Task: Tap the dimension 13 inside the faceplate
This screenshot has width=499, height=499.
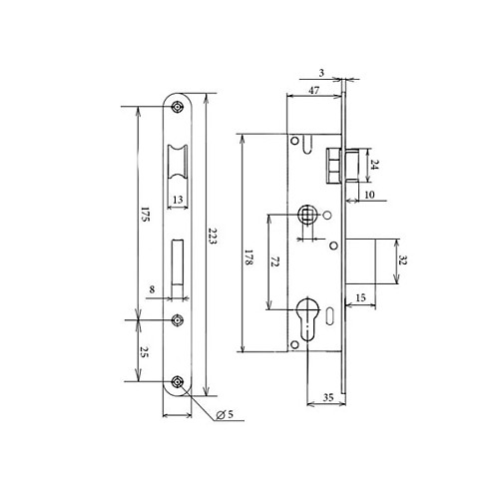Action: pyautogui.click(x=177, y=200)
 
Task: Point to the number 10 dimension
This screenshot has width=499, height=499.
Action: pyautogui.click(x=368, y=195)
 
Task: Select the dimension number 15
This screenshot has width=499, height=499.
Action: pyautogui.click(x=359, y=298)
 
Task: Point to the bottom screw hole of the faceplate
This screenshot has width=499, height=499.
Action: pyautogui.click(x=177, y=382)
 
